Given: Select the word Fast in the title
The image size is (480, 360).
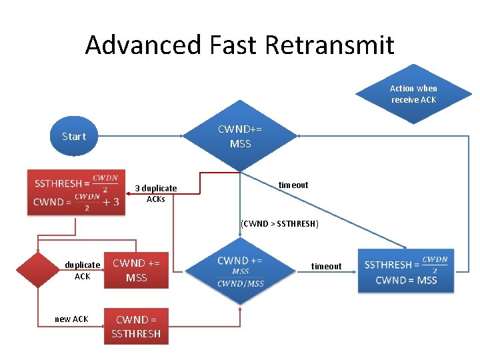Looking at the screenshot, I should (229, 45).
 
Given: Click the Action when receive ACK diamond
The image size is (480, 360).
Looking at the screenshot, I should (413, 94).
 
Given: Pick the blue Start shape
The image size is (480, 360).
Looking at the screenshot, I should (74, 137).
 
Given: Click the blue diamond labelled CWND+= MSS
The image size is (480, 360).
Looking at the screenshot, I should (240, 136).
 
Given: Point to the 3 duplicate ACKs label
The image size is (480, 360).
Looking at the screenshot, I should (156, 193).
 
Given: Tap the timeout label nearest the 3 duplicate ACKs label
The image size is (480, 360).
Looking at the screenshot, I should (293, 185).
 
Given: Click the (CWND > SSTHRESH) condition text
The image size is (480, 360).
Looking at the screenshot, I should (279, 223).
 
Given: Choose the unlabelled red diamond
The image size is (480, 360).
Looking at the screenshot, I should (37, 270).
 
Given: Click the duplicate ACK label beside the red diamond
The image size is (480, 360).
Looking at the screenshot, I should (82, 270).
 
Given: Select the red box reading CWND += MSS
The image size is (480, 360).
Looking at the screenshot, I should (136, 270).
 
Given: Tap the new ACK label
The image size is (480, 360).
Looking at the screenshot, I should (71, 319).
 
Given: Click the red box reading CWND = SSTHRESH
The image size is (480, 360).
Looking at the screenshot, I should (136, 326).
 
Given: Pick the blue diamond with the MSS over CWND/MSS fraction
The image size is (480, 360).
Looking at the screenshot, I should (240, 271).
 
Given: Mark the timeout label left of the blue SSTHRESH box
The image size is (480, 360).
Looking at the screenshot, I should (327, 266).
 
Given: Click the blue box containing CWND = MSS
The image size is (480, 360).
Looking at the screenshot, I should (406, 271).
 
